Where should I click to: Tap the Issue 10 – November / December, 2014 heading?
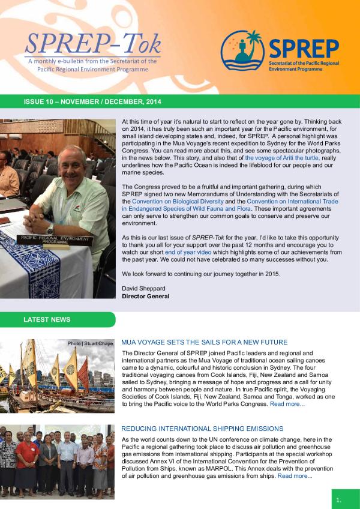(92, 102)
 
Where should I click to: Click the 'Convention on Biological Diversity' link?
(175, 202)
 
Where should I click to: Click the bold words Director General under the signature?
(145, 296)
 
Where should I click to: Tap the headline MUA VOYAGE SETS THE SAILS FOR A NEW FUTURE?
(204, 342)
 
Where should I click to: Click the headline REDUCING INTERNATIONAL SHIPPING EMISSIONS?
(202, 429)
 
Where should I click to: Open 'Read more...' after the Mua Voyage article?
(287, 404)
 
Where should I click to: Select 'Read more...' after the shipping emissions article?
(295, 476)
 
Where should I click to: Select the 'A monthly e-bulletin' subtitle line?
(92, 61)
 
